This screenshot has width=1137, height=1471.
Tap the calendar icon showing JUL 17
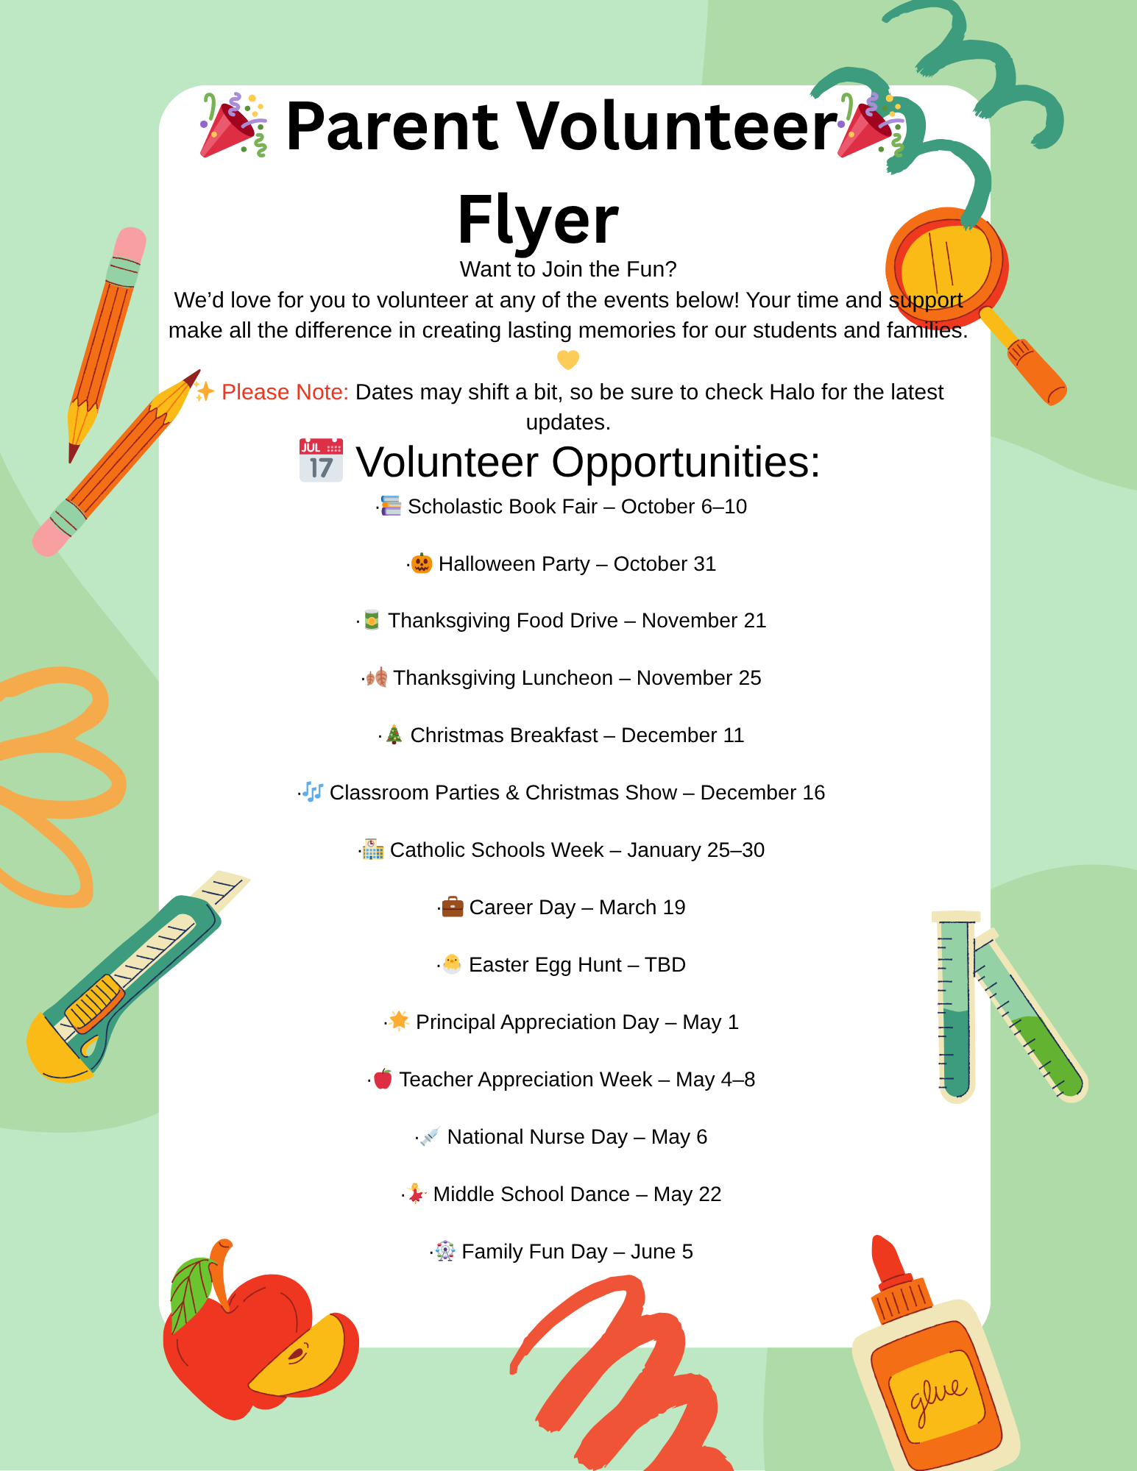coord(321,461)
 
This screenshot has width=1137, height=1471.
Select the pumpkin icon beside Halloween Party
coord(421,563)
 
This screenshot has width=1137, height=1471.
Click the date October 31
coord(665,564)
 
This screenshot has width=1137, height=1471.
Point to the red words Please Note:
coord(285,392)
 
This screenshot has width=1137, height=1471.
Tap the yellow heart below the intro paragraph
coord(568,360)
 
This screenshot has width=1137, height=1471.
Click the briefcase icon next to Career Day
coord(452,906)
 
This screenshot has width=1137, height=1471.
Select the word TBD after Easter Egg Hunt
coord(665,965)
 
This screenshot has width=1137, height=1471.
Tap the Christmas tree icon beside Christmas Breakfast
coord(394,734)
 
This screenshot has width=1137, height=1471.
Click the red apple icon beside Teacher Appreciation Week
coord(383,1079)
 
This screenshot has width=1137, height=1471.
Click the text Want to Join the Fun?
coord(568,269)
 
